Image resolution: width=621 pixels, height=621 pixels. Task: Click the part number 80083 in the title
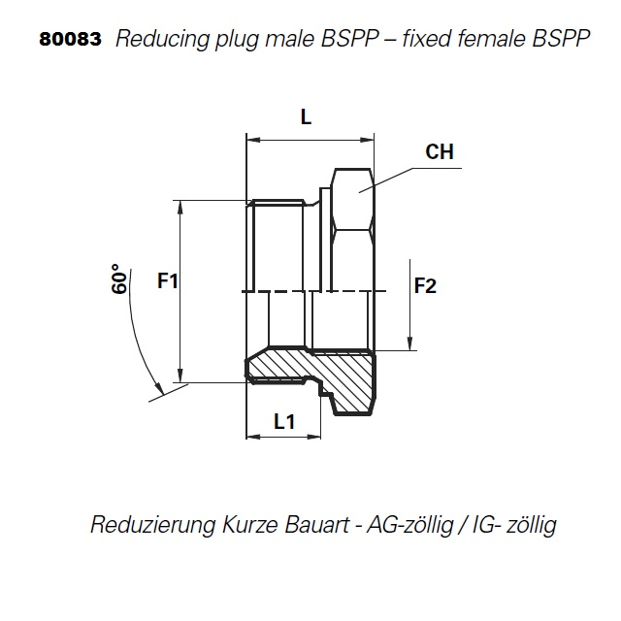tap(70, 41)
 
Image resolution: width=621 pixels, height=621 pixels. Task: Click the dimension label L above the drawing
tap(306, 117)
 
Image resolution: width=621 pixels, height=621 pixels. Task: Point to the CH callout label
tap(440, 152)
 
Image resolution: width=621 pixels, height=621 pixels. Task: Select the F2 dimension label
tap(426, 285)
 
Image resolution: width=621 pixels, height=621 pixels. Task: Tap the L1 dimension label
tap(283, 421)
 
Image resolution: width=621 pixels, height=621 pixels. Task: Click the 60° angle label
tap(120, 279)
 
